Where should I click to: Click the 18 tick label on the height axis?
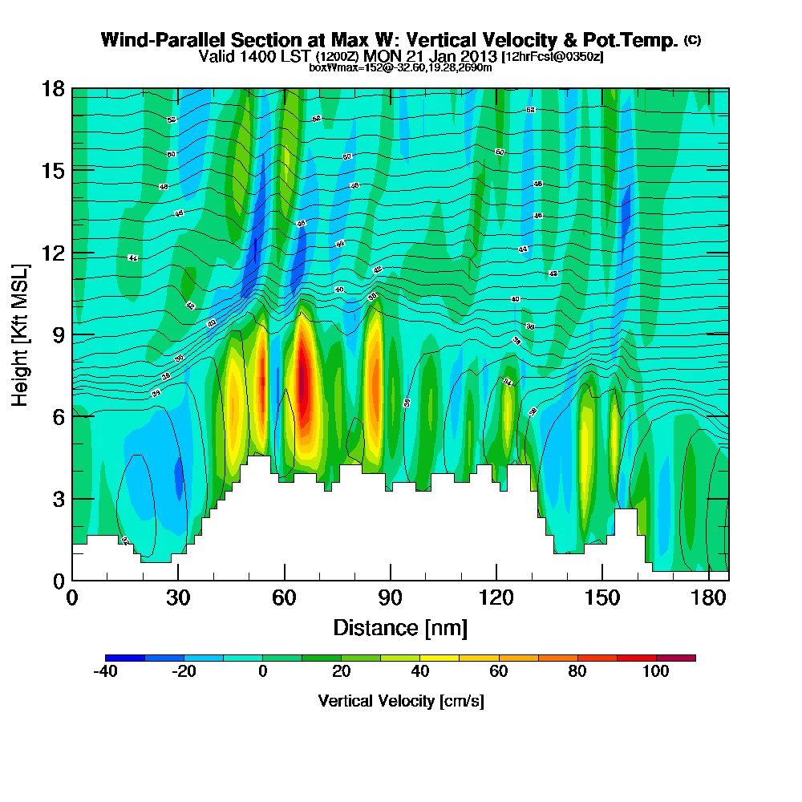54,88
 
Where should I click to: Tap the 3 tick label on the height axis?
59,499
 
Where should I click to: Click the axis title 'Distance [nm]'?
399,627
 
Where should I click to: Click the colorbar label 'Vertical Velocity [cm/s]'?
401,701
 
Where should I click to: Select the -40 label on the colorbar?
106,672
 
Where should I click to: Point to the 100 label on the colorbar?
656,672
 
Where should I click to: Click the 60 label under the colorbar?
499,672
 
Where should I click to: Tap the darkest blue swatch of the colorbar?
125,658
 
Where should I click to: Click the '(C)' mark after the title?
692,40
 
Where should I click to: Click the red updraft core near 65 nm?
302,377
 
